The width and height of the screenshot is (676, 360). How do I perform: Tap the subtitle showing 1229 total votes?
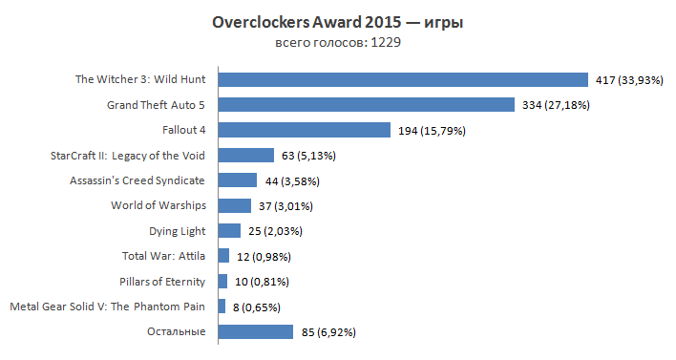click(x=337, y=44)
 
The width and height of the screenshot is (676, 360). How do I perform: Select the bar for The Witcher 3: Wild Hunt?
click(x=403, y=79)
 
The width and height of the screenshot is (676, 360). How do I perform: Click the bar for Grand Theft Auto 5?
click(x=367, y=104)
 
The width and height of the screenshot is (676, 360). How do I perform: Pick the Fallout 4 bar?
click(x=305, y=130)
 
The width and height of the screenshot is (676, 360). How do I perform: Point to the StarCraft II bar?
click(x=246, y=155)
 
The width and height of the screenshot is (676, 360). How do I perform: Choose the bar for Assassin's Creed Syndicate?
click(x=238, y=180)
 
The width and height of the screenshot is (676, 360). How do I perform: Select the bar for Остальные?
click(x=256, y=331)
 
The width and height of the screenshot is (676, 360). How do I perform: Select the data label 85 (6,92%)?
click(x=330, y=331)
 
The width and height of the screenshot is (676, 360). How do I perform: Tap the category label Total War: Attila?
click(x=164, y=256)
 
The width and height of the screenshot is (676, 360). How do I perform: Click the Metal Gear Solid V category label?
click(x=108, y=307)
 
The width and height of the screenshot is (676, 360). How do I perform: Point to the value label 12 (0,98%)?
click(x=263, y=256)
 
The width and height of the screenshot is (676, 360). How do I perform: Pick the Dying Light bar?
click(x=229, y=230)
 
